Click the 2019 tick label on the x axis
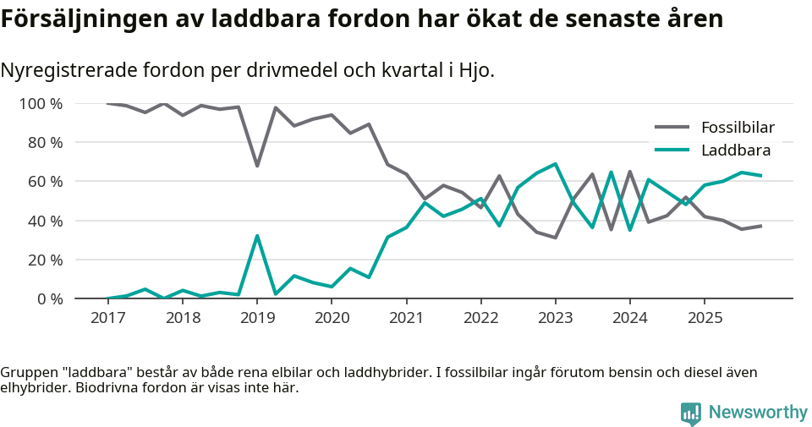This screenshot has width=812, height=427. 257,318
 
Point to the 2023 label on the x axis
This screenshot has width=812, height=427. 555,318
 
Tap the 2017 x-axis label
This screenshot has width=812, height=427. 108,318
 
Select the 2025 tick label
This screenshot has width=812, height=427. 704,318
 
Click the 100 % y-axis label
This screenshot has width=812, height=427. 41,104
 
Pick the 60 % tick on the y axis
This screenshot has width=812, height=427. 45,182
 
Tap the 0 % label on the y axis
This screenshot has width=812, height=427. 49,298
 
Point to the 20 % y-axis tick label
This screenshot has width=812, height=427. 45,260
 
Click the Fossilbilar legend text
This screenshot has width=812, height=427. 738,129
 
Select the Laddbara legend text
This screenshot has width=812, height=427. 735,151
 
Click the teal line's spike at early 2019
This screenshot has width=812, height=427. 257,236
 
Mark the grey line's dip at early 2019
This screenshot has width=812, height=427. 257,166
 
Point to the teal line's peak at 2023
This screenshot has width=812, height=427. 555,164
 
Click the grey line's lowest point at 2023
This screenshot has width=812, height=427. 555,238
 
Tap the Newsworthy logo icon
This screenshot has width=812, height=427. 690,413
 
